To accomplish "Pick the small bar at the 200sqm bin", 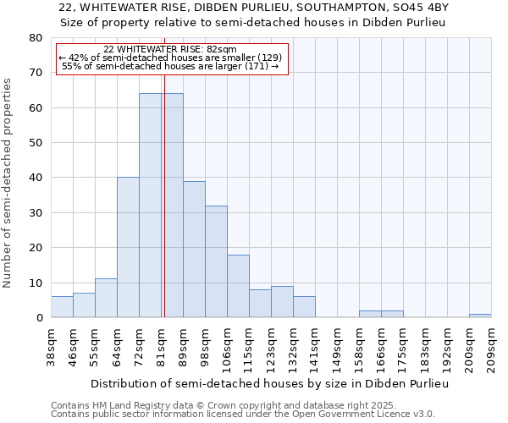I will [x=480, y=316].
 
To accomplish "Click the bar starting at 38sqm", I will [x=62, y=307].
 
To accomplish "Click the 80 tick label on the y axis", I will [x=35, y=38].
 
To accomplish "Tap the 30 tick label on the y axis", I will [x=35, y=213].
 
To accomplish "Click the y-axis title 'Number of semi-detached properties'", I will [x=8, y=183].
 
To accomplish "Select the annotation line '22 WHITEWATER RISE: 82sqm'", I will [x=170, y=50].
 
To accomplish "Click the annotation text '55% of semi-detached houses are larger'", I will [x=170, y=66].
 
